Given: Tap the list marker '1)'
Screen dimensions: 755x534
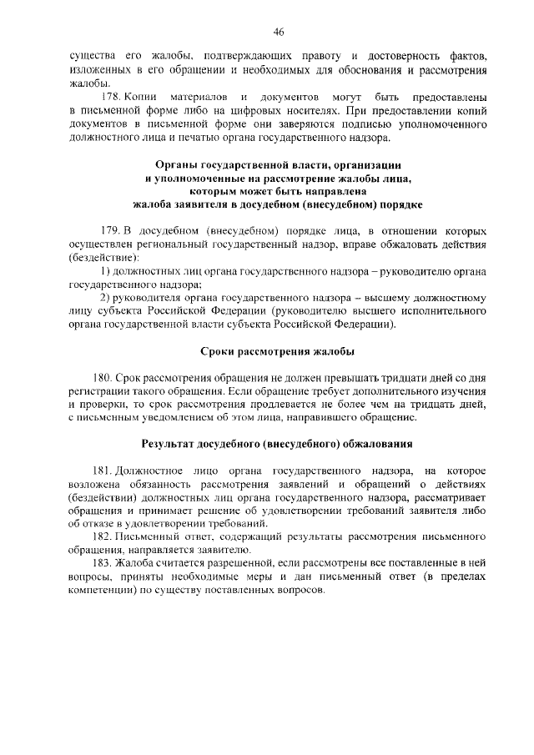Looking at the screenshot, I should click(x=105, y=271).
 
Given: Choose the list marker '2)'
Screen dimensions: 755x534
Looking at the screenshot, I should click(x=105, y=298).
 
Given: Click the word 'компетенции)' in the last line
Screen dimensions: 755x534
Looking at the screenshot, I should click(x=98, y=590).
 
